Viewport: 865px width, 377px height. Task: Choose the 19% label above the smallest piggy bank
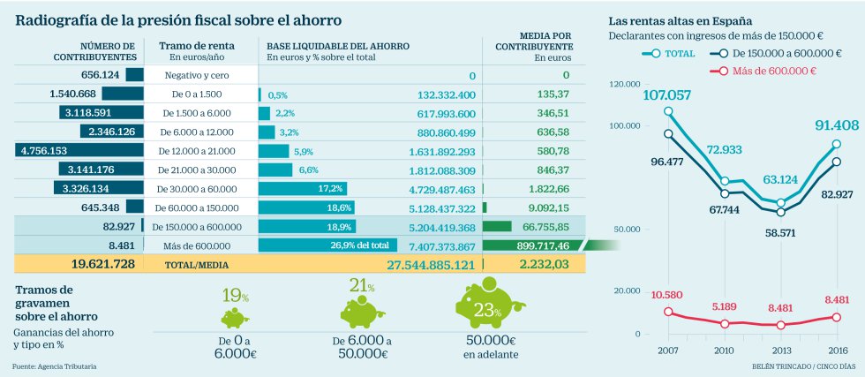233,295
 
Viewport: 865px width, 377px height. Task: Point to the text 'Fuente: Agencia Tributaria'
55,366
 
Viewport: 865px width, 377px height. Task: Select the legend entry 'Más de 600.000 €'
769,71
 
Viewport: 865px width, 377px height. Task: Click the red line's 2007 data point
668,312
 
